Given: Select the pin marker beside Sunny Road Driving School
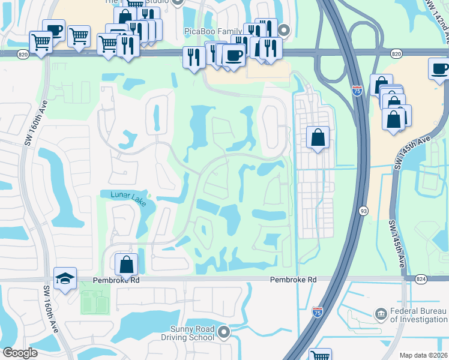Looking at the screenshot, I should coord(224,331).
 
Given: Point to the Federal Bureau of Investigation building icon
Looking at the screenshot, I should coord(381,314).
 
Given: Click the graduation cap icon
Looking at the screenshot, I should coord(65,278).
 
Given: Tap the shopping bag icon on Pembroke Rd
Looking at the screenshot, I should coord(127,264).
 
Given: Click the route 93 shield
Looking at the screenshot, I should coord(364,211).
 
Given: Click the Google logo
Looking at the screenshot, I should coord(20,353).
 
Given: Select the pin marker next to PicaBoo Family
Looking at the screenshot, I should coord(285,30).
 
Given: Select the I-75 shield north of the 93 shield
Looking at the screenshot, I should coord(357,91).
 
